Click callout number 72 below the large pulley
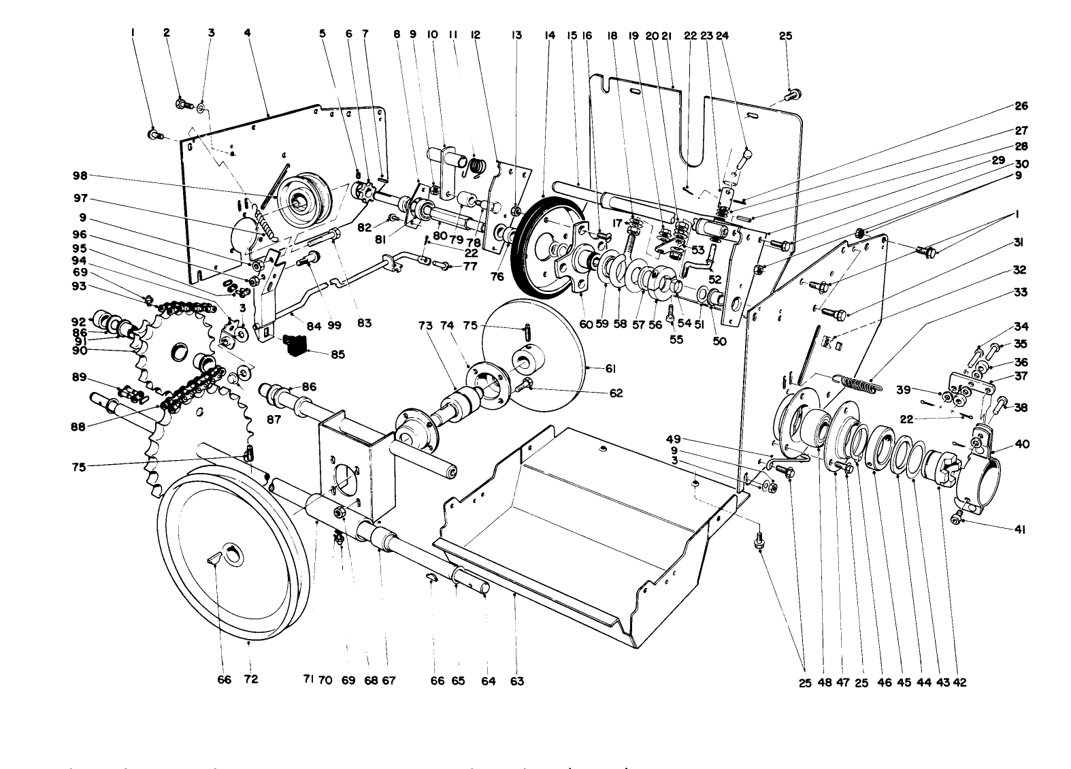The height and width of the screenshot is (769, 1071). click(x=251, y=680)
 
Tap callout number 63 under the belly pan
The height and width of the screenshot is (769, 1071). click(x=517, y=681)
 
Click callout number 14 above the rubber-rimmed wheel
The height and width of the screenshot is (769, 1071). click(x=550, y=36)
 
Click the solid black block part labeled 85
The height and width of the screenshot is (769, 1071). click(x=295, y=344)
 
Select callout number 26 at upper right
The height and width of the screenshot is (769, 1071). click(x=1021, y=106)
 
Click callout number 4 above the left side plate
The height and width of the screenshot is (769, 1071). click(x=248, y=36)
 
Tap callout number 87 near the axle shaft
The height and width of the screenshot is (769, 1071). click(x=274, y=420)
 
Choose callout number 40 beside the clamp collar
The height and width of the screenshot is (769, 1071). click(x=1021, y=444)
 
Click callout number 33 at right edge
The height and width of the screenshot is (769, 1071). click(x=1021, y=293)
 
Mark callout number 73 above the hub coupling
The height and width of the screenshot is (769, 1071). click(x=425, y=327)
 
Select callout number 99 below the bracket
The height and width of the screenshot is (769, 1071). click(x=334, y=326)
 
